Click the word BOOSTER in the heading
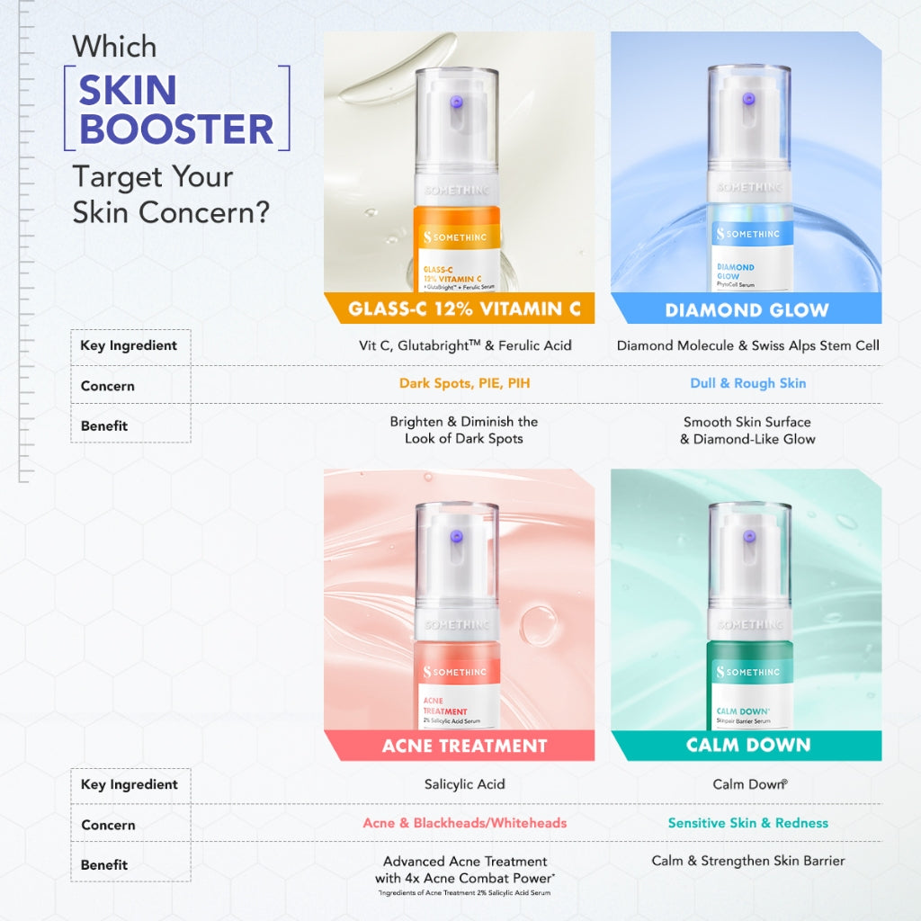coord(176,129)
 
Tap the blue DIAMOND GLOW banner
coord(747,310)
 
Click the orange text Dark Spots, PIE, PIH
coord(464,383)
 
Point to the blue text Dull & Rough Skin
coord(748,383)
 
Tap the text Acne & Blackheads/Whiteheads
coord(464,823)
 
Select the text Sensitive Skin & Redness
coord(748,823)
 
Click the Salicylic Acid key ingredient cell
coord(464,784)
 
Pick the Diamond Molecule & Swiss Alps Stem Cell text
coord(748,345)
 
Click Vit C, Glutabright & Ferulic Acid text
coord(464,345)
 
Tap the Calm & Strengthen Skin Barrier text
coord(748,861)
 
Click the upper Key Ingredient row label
coord(129,345)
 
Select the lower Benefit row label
coord(104,864)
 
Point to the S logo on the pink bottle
coord(428,672)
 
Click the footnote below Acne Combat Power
coord(464,893)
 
